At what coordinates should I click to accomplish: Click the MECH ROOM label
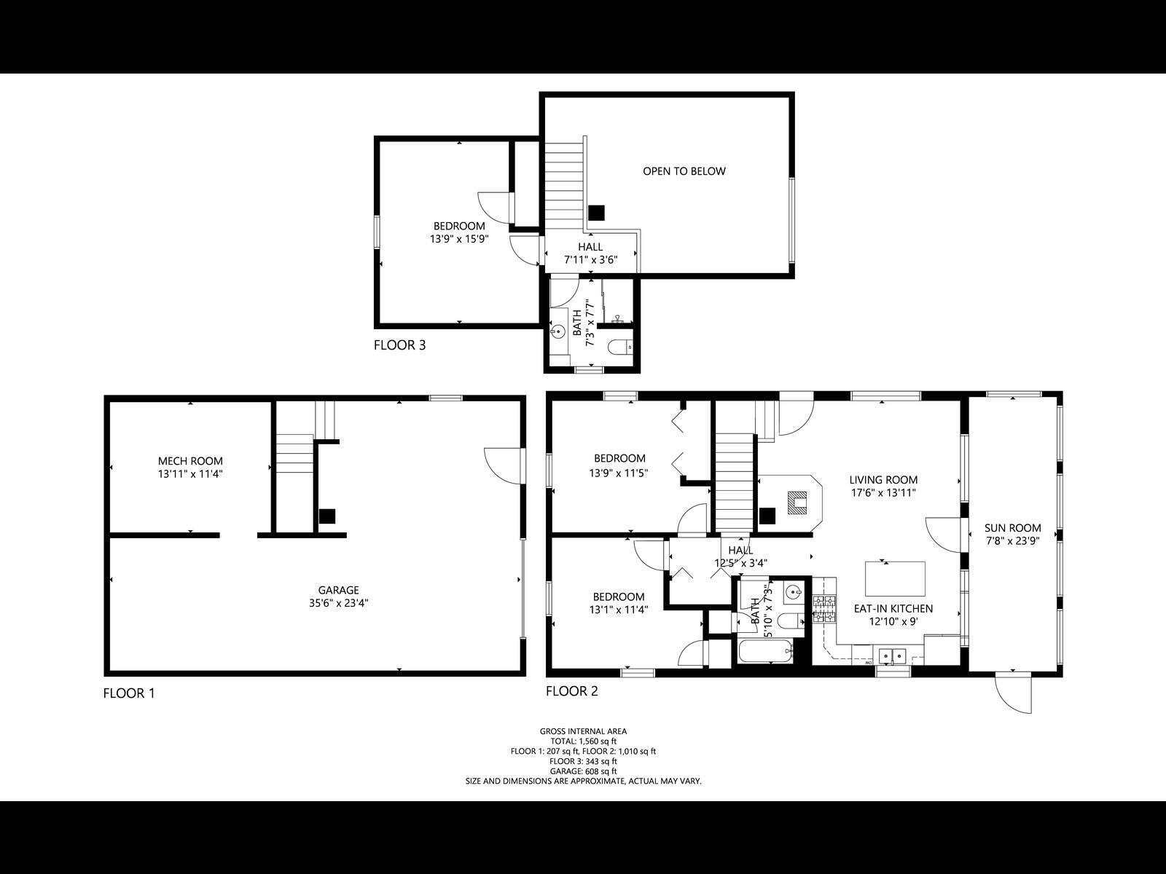190,461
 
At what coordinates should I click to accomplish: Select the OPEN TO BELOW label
684,171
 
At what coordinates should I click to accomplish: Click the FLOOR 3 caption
399,345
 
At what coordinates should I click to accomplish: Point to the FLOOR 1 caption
129,693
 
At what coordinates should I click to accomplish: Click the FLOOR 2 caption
571,691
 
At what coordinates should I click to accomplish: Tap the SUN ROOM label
1012,528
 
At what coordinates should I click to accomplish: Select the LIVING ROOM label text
883,480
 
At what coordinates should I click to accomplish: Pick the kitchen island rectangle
895,579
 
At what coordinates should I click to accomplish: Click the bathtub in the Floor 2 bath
764,652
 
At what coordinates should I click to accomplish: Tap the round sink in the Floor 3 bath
560,332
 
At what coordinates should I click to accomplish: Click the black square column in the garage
327,516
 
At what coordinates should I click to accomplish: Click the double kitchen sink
892,655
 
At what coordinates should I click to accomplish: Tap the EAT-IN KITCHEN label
893,609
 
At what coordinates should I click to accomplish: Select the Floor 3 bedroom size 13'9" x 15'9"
458,238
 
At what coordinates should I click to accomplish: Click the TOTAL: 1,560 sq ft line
583,741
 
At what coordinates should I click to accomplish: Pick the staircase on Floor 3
565,186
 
